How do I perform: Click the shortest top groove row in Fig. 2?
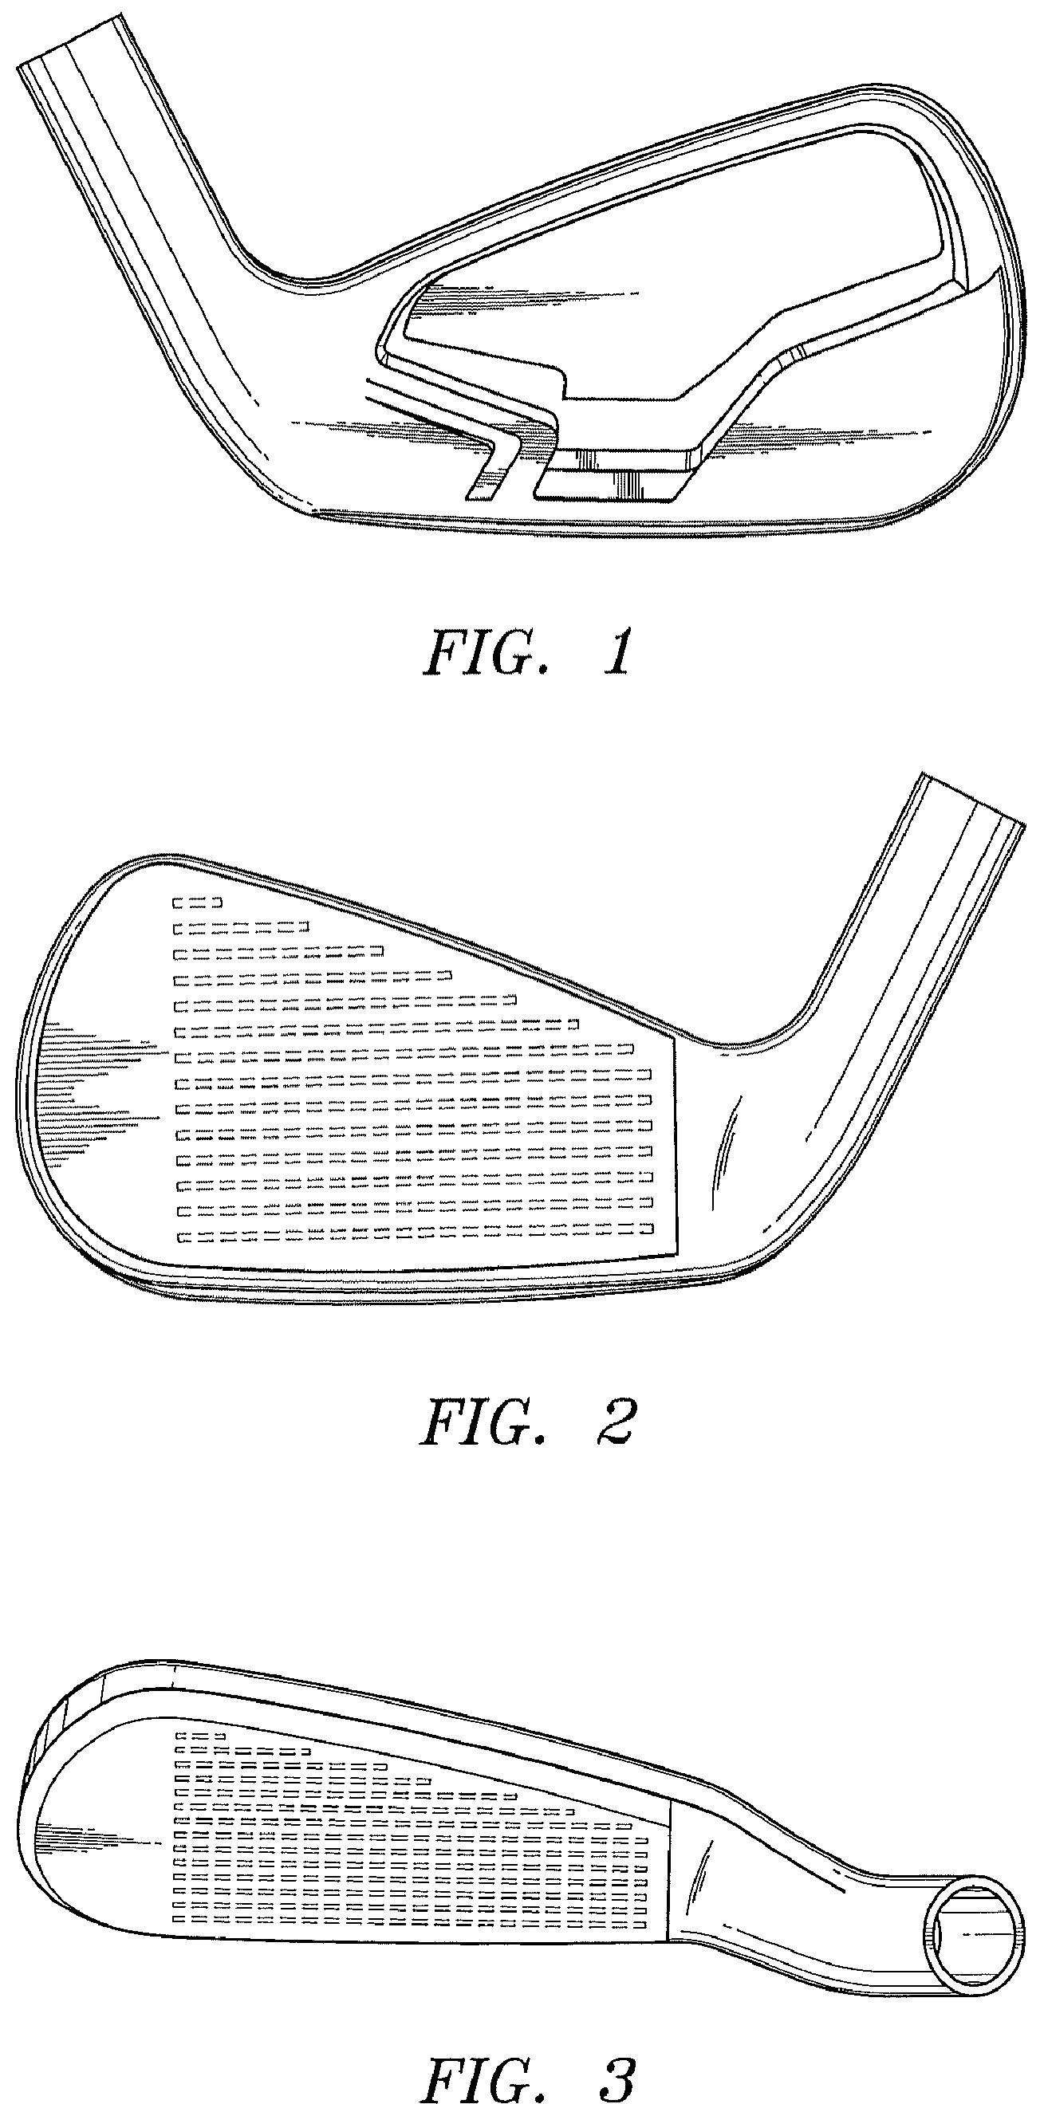197,903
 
